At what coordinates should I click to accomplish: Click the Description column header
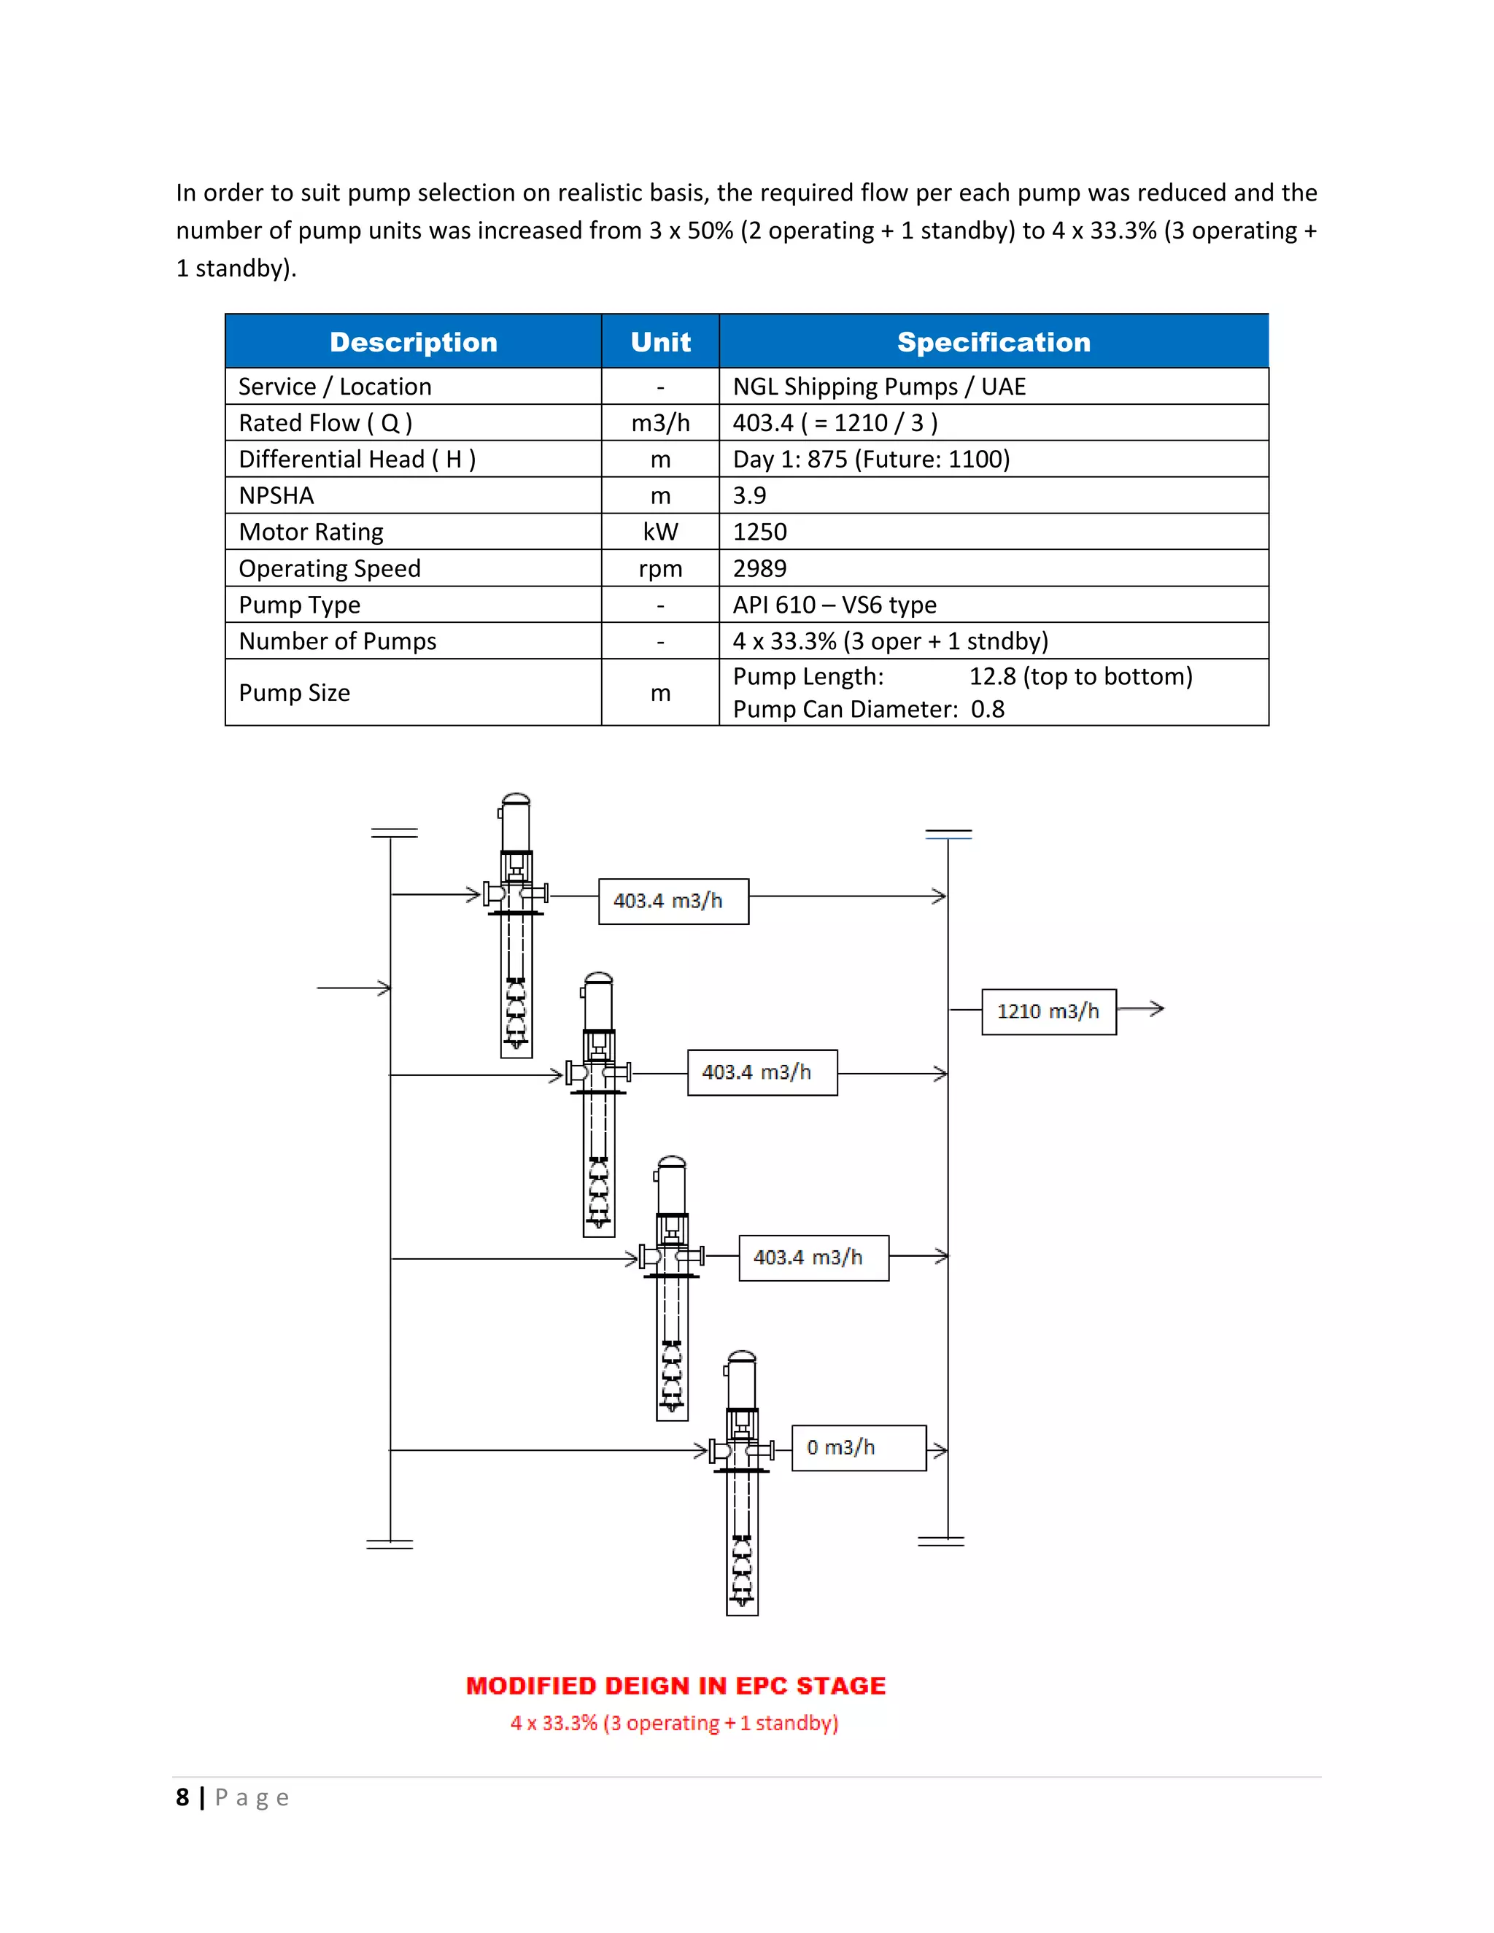[x=414, y=343]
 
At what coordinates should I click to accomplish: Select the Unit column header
[x=660, y=343]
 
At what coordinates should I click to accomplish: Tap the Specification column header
[x=993, y=343]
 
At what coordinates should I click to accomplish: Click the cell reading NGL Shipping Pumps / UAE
[x=879, y=387]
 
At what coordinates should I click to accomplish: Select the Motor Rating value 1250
[x=759, y=532]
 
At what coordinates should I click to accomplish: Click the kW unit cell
[x=660, y=532]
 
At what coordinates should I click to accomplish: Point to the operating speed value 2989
[x=759, y=568]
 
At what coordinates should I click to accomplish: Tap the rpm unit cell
[x=660, y=568]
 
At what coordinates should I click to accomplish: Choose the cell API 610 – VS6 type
[x=835, y=605]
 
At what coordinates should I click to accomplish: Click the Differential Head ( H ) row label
[x=357, y=460]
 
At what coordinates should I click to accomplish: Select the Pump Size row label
[x=295, y=693]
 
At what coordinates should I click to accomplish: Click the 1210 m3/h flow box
[x=1049, y=1012]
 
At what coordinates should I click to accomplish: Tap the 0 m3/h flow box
[x=859, y=1448]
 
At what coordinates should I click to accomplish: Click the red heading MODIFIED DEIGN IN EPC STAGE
[x=676, y=1686]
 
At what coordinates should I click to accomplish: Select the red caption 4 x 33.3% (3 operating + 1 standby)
[x=675, y=1723]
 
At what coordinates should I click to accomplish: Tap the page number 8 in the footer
[x=182, y=1797]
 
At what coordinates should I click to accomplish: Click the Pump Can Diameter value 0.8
[x=988, y=710]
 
